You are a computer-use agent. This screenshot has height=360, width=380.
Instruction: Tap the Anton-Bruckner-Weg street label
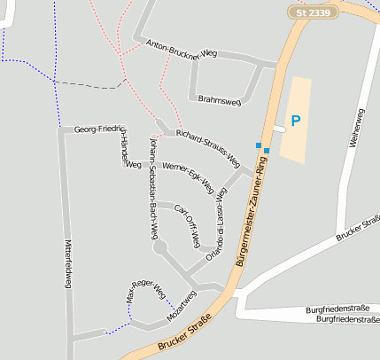[x=182, y=49]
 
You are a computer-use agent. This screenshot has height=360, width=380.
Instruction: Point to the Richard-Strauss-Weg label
[x=207, y=148]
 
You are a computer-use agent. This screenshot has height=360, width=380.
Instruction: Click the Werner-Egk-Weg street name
[x=188, y=177]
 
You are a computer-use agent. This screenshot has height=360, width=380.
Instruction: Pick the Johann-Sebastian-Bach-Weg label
[x=153, y=188]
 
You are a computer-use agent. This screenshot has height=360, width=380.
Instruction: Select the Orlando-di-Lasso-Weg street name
[x=214, y=221]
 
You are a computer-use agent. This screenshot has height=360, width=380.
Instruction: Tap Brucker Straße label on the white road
[x=357, y=227]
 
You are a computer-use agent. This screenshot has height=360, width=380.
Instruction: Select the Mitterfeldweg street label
[x=68, y=262]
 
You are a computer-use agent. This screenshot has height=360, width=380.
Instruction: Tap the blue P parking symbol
[x=296, y=121]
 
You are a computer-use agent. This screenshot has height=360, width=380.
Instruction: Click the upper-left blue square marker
[x=259, y=145]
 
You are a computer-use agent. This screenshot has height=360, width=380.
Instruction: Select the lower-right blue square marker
[x=267, y=151]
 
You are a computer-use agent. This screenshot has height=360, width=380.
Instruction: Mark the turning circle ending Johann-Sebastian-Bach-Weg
[x=160, y=248]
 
